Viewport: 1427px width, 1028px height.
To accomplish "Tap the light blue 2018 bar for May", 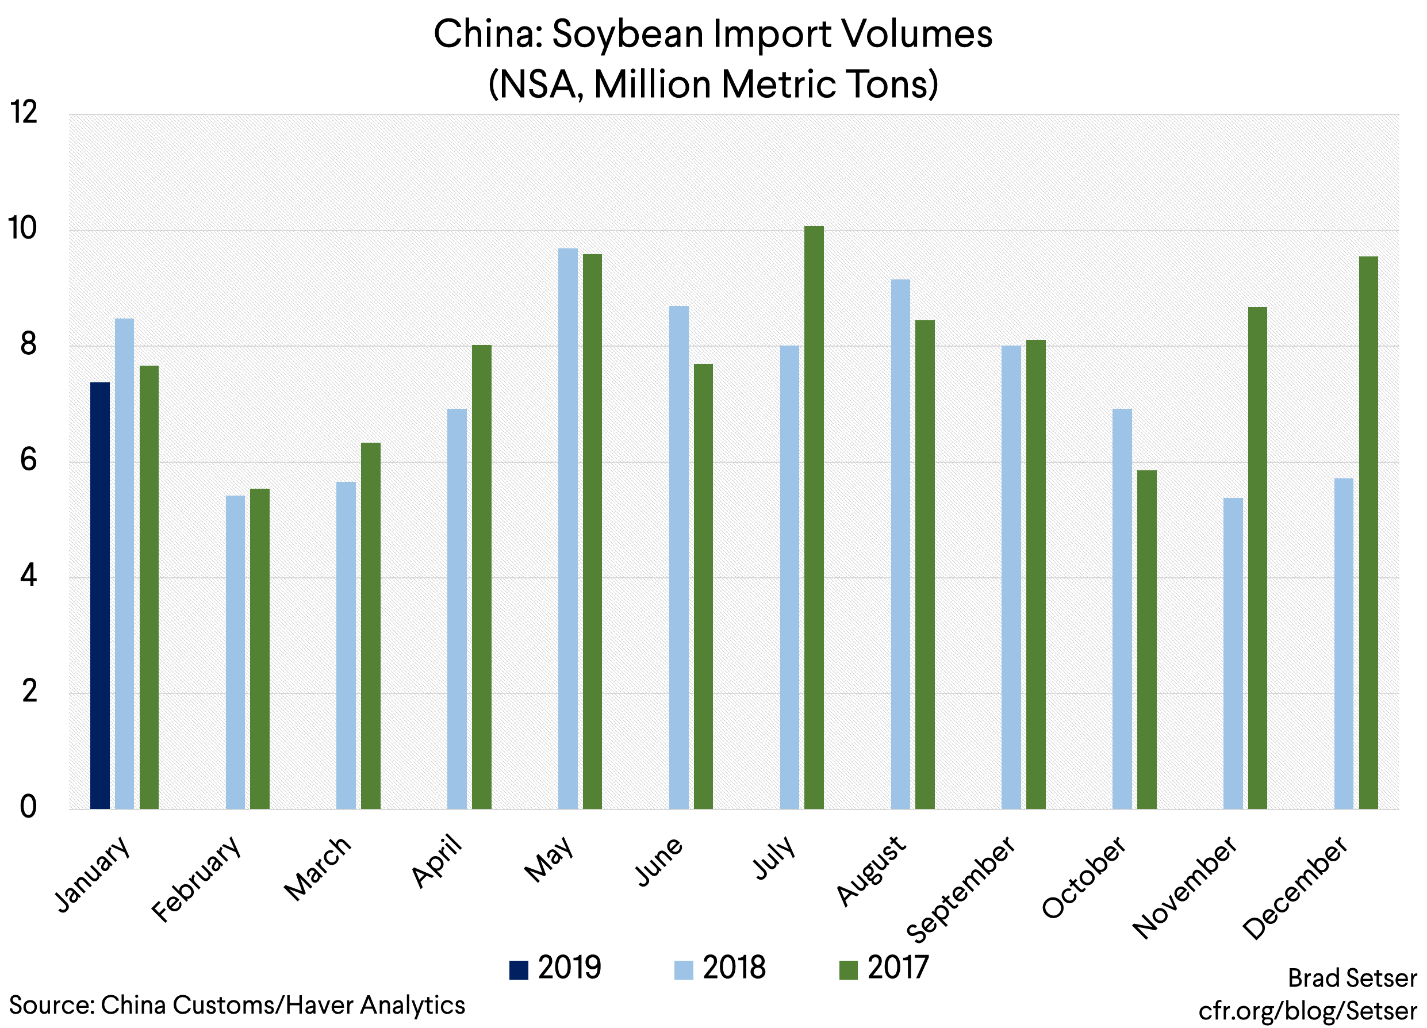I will click(x=567, y=528).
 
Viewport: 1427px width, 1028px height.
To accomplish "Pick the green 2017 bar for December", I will click(x=1368, y=532).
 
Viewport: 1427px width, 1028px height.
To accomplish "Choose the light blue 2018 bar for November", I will click(x=1233, y=653).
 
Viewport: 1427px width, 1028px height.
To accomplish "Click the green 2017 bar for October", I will click(x=1146, y=639).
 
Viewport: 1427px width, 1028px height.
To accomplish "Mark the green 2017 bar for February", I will click(x=260, y=649).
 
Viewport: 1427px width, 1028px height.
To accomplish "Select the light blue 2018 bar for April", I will click(x=457, y=608).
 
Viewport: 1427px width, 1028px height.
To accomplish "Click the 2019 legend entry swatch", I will click(x=519, y=969).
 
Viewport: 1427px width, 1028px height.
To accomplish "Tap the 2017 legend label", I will click(x=898, y=968).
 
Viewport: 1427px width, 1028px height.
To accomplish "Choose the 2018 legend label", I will click(x=734, y=968).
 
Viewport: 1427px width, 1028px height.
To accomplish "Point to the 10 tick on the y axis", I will click(x=22, y=228).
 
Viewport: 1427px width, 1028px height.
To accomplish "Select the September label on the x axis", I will click(x=960, y=889).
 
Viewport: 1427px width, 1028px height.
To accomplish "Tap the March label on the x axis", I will click(x=317, y=868).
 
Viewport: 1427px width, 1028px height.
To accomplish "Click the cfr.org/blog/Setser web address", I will click(x=1307, y=1010).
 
